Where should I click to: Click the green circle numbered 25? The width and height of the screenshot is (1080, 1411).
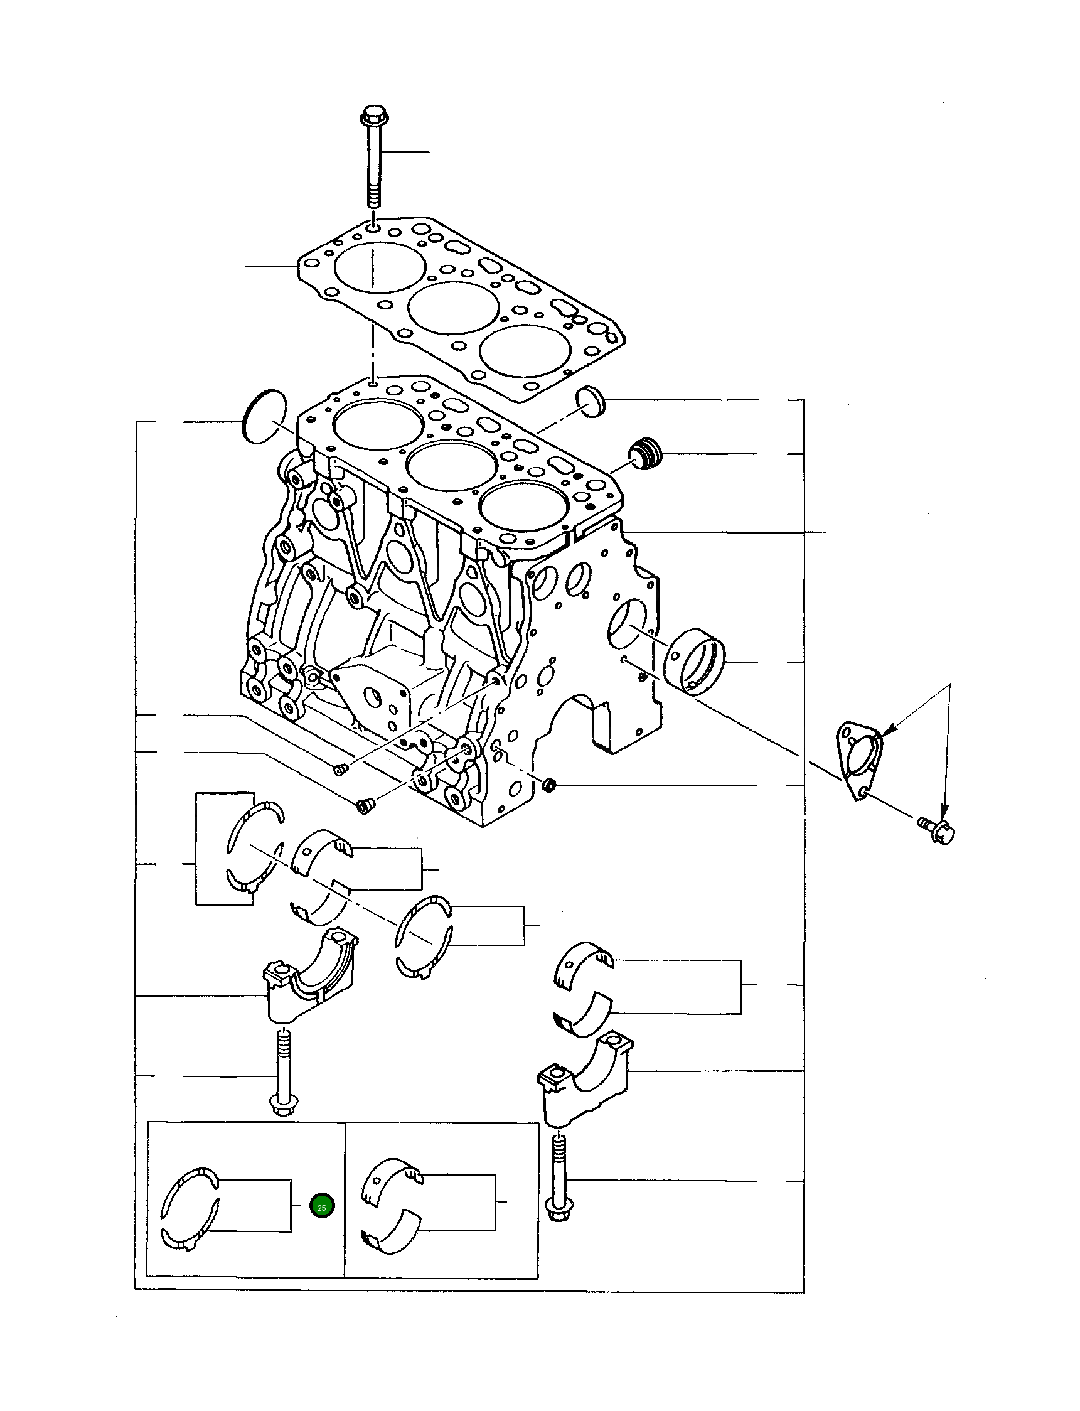coord(321,1206)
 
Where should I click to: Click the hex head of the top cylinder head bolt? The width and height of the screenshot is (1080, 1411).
coord(372,117)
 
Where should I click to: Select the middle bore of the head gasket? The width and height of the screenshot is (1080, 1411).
coord(454,308)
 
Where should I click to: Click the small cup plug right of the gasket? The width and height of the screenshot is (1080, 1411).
coord(590,402)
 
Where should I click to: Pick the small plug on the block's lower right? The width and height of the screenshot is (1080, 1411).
coord(550,784)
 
